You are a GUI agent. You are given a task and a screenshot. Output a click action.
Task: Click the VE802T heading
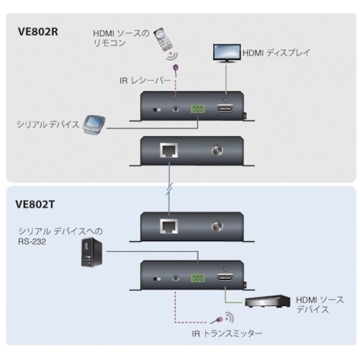click(x=36, y=203)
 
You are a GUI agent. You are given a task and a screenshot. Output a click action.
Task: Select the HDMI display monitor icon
click(x=228, y=53)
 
